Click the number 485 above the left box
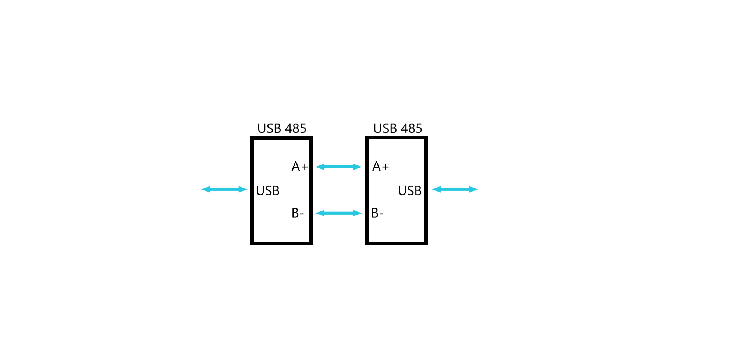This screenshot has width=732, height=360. coord(295,128)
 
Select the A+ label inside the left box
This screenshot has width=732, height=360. coord(300,167)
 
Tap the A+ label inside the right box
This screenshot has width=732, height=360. coord(380,167)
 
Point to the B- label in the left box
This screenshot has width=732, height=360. coord(298,213)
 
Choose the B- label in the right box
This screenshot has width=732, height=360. coord(377,213)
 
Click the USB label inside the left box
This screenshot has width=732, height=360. coord(268,190)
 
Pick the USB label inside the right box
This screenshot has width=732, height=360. coord(410,190)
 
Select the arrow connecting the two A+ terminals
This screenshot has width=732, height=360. coord(339,167)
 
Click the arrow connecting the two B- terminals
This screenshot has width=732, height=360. coord(339,213)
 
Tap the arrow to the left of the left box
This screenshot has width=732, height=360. coord(224,189)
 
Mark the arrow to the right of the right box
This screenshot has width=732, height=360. coord(455,189)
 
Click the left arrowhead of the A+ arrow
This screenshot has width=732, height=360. coord(319,167)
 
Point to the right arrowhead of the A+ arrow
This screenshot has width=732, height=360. coord(358,167)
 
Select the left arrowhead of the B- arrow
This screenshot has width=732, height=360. coord(319,213)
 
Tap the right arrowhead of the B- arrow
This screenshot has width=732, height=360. coord(358,213)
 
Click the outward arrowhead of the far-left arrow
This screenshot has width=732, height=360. coord(205,189)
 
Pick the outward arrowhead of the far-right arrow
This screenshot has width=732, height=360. coord(474,189)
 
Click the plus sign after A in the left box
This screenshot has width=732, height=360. coord(305,167)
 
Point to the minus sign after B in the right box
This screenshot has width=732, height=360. coord(381,214)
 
